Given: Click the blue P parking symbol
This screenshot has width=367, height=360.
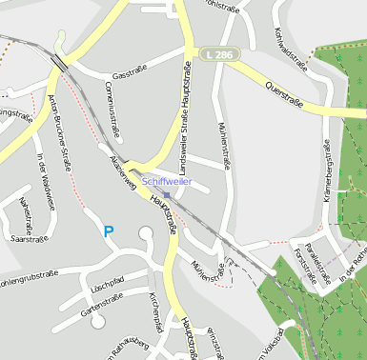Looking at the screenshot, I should pos(109,231).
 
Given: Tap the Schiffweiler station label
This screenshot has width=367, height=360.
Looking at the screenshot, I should pos(167,181).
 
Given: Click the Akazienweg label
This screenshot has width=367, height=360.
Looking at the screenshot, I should pos(122,172).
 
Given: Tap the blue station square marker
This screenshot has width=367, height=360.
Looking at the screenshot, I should pos(167,194).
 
